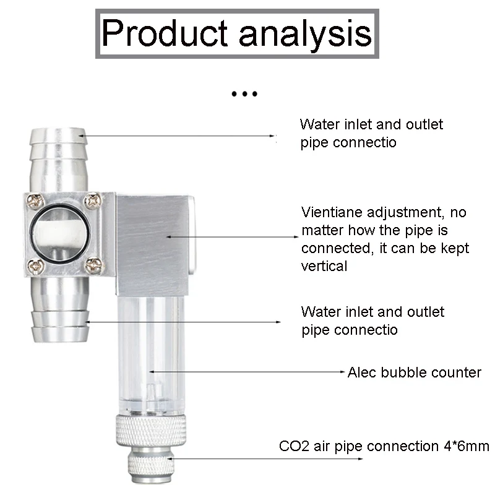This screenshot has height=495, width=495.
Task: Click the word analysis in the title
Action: (305, 34)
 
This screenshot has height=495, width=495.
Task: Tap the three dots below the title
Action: (244, 95)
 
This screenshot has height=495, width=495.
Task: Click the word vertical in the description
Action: (324, 266)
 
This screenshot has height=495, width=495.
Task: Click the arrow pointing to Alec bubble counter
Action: (247, 372)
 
